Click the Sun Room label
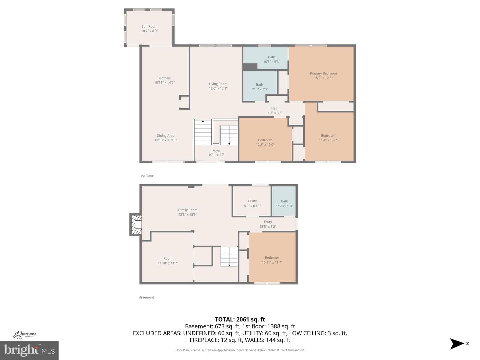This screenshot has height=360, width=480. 149,26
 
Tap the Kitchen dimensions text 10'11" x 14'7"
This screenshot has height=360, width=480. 164,83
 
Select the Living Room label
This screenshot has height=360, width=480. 218,84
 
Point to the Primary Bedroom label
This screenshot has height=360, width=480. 323,73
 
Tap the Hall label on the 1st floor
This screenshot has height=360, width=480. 274,108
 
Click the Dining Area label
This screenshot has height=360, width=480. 166,136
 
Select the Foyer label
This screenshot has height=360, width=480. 217,150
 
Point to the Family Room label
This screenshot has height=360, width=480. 188,210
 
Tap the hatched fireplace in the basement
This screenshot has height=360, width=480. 136,224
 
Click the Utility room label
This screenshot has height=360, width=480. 252,201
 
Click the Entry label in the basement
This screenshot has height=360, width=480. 268,222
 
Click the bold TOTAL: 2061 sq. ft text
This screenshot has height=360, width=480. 240,320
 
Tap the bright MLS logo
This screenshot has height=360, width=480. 29,350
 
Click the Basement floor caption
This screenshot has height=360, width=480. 146,297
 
